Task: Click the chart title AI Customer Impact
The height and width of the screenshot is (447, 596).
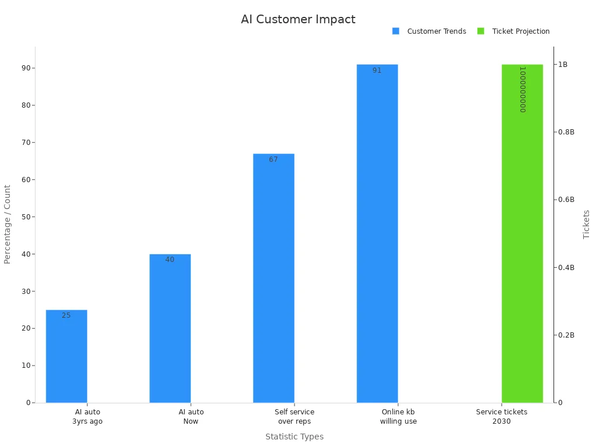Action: point(298,19)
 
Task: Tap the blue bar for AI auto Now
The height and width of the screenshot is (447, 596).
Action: point(170,328)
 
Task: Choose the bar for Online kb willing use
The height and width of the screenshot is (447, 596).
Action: point(377,233)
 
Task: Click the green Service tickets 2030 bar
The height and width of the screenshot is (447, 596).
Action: point(522,233)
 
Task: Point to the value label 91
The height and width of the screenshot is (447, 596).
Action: point(377,70)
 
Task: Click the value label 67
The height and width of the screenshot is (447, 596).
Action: point(274,159)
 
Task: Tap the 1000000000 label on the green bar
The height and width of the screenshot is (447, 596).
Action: point(523,89)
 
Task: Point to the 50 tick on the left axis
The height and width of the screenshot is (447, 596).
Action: point(25,217)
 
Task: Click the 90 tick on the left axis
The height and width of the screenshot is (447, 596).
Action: point(25,68)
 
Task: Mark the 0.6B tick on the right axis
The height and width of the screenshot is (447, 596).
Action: point(566,200)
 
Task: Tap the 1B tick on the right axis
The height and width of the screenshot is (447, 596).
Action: point(563,65)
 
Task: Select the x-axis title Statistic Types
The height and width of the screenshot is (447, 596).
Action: point(295,437)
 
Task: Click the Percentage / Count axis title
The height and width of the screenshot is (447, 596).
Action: point(8,224)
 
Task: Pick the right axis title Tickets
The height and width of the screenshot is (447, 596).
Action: point(587,224)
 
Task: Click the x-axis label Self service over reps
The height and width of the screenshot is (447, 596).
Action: point(295,417)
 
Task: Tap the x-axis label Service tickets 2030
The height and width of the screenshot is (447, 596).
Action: point(502,417)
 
